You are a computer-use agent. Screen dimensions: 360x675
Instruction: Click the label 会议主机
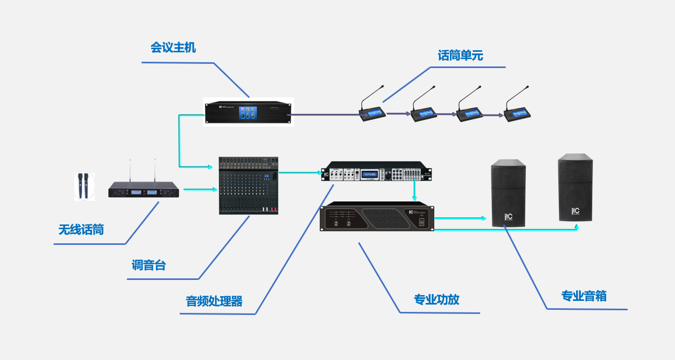pyautogui.click(x=173, y=48)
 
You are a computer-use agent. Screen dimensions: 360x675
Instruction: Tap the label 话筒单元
pyautogui.click(x=460, y=55)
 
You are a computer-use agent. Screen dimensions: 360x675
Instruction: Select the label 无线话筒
pyautogui.click(x=81, y=229)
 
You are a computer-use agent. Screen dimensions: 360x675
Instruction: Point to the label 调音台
pyautogui.click(x=149, y=265)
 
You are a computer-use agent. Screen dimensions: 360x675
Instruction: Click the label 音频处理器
pyautogui.click(x=215, y=301)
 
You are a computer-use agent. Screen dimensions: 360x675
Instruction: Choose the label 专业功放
pyautogui.click(x=436, y=299)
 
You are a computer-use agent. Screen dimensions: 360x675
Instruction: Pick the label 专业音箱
pyautogui.click(x=584, y=296)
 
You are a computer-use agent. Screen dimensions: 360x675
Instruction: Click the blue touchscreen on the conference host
pyautogui.click(x=249, y=112)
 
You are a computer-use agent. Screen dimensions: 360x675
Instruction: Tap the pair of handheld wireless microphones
pyautogui.click(x=83, y=186)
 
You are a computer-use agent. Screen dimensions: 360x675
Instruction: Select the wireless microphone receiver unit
pyautogui.click(x=143, y=190)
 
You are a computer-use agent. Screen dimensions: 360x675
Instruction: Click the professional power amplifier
pyautogui.click(x=377, y=219)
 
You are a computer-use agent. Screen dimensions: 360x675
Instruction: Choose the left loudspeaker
pyautogui.click(x=508, y=193)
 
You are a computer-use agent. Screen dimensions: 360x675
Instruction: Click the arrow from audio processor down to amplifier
pyautogui.click(x=414, y=191)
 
